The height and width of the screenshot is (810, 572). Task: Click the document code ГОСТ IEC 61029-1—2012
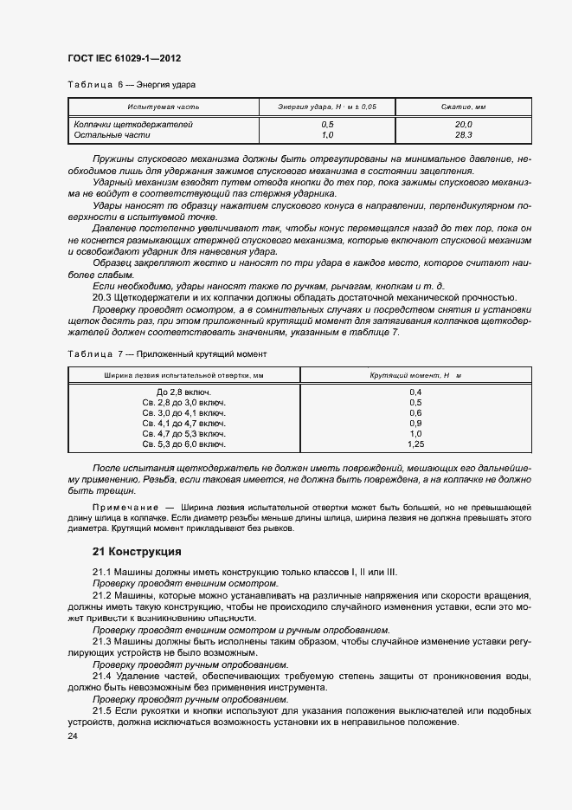(x=124, y=58)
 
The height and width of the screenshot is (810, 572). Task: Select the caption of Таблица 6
(x=132, y=86)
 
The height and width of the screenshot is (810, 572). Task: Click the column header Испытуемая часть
(x=164, y=107)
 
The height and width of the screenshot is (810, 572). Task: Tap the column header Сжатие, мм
(x=463, y=107)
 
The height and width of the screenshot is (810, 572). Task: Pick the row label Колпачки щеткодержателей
(x=132, y=125)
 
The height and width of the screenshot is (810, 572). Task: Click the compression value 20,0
(x=463, y=125)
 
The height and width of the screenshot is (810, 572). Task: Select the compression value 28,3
(x=463, y=135)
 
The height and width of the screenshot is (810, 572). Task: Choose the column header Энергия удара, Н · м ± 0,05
(x=327, y=107)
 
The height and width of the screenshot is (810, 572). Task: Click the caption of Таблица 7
(x=168, y=354)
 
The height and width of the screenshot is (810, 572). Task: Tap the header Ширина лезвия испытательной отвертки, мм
(x=183, y=375)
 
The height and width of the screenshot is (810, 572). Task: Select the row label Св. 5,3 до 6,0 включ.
(x=183, y=444)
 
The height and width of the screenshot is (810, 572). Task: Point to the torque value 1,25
(x=415, y=444)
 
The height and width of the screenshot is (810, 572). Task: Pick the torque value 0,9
(x=415, y=423)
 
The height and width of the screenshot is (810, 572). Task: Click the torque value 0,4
(x=415, y=392)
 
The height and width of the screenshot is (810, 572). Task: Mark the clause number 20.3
(x=104, y=297)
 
